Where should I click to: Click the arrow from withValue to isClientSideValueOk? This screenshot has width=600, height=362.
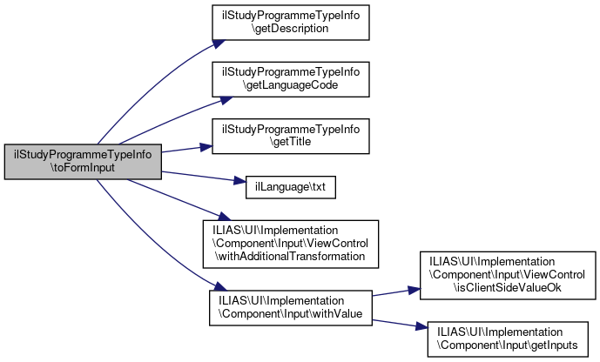396,290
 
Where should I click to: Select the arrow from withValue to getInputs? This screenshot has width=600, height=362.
396,320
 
